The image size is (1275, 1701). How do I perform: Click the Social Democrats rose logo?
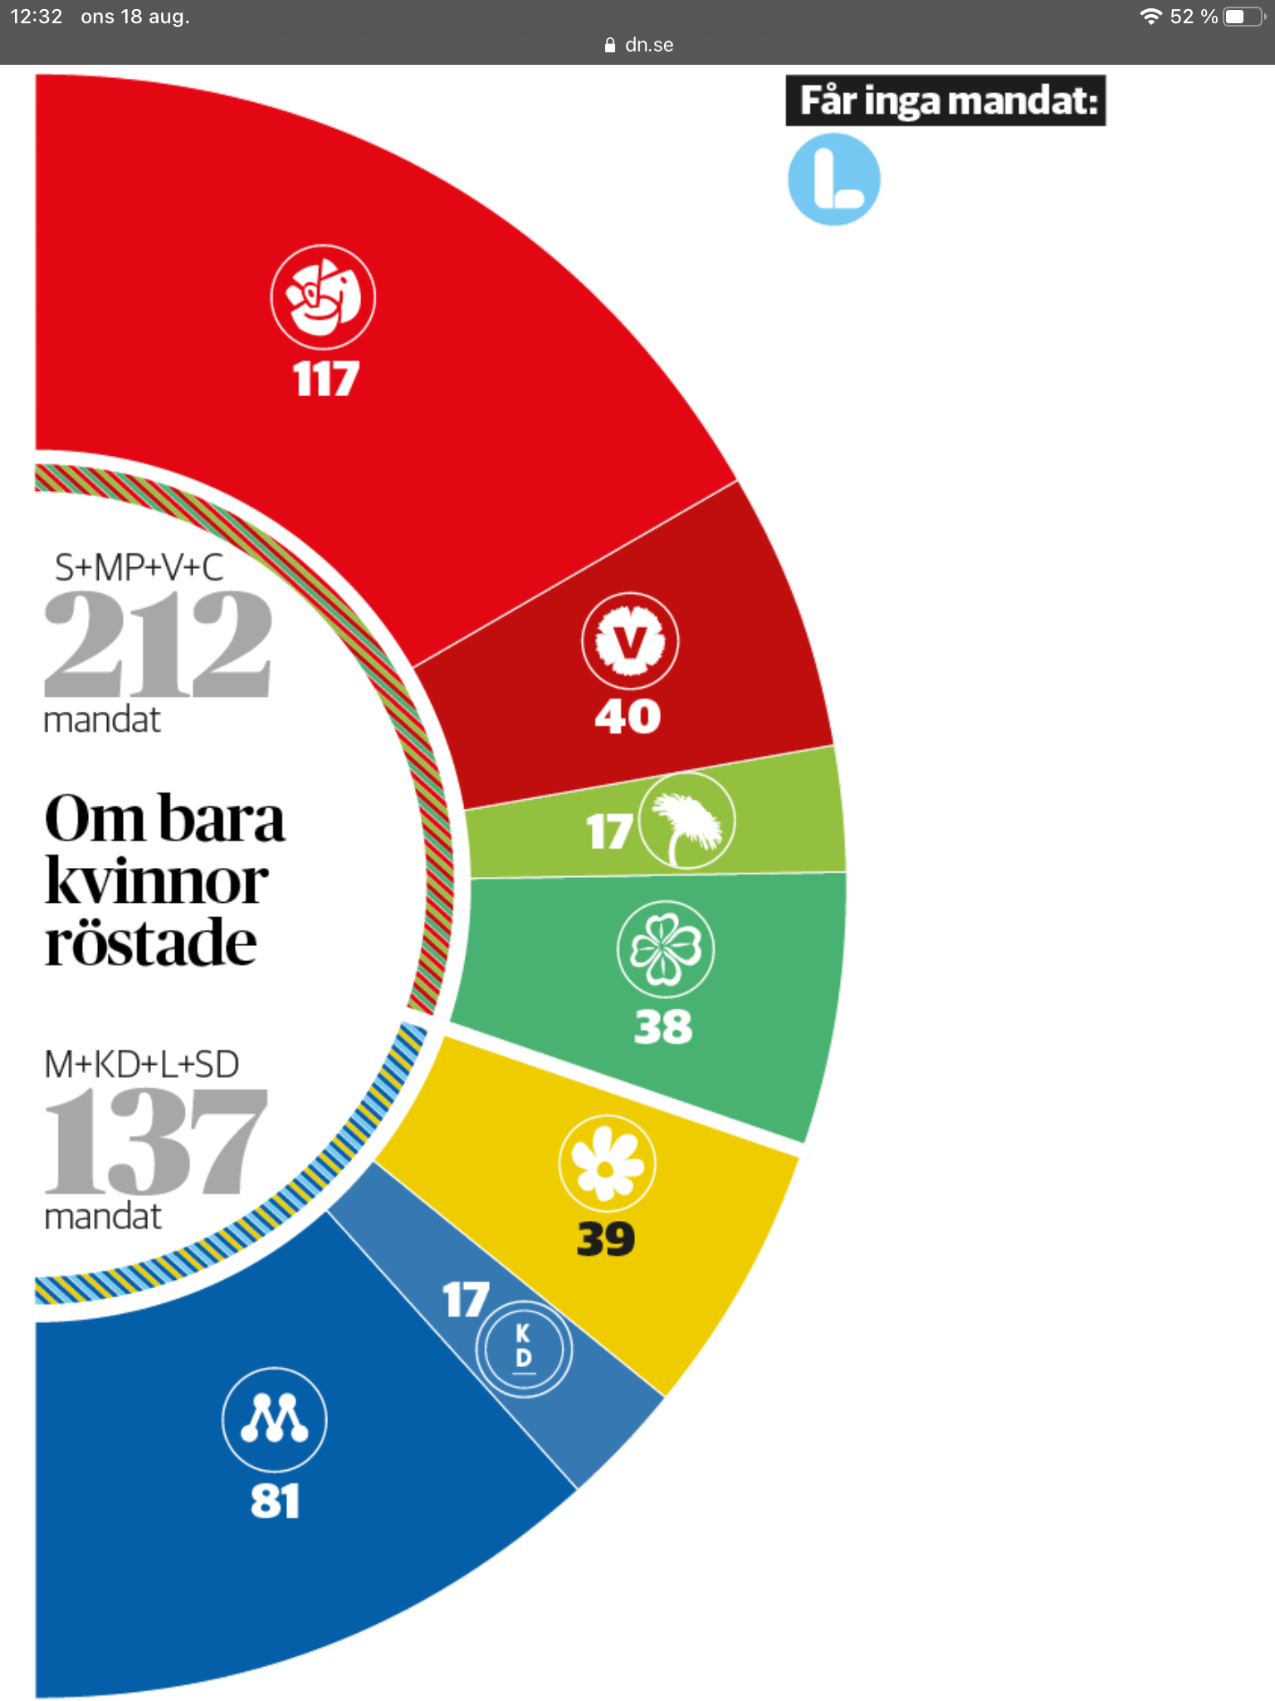[323, 297]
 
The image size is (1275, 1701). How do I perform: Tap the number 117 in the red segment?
[325, 379]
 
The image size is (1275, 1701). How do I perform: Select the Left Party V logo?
[630, 640]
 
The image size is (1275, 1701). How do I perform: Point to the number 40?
[628, 716]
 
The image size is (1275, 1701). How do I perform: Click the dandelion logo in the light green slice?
[686, 821]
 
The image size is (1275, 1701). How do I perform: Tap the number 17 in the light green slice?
[608, 831]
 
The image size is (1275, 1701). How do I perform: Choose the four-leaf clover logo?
[665, 949]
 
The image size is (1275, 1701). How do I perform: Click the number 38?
[662, 1027]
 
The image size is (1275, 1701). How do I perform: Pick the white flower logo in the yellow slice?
[607, 1163]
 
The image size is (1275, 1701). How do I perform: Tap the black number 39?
[606, 1239]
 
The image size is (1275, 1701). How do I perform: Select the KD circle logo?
[524, 1348]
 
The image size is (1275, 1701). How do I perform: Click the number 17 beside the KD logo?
[466, 1300]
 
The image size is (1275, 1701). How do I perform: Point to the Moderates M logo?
[275, 1419]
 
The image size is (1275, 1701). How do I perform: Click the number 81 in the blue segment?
[275, 1501]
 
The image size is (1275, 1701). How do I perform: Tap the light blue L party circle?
[833, 179]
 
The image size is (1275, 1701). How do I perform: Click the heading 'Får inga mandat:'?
[945, 101]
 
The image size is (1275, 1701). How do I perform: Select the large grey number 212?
[158, 643]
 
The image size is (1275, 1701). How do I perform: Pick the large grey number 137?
[156, 1141]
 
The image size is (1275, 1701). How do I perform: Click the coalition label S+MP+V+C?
[139, 567]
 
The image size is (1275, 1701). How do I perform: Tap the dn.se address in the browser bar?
[648, 45]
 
